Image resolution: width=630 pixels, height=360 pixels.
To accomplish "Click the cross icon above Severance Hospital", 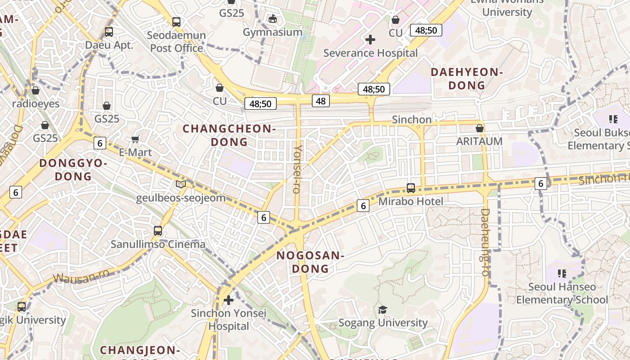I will (x=370, y=40).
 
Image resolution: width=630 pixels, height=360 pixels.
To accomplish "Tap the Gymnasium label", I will (x=273, y=32).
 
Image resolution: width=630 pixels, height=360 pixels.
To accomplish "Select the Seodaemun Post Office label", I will (x=178, y=41).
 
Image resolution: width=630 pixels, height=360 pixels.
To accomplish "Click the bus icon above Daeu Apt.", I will (x=108, y=32).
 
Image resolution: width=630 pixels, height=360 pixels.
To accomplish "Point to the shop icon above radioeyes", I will (x=36, y=90).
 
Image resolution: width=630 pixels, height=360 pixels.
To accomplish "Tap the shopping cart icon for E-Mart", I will (x=135, y=139).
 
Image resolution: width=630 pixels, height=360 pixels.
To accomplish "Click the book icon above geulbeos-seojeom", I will (x=181, y=184).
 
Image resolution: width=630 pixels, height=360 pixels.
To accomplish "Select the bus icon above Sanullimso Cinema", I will (x=158, y=231).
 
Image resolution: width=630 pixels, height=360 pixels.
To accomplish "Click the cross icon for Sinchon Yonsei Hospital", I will (x=229, y=300).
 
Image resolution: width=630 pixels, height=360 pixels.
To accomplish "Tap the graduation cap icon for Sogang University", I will (x=382, y=310).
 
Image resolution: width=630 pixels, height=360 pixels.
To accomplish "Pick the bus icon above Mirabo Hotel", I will (x=411, y=188).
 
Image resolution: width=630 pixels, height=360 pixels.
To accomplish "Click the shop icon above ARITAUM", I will (x=480, y=128).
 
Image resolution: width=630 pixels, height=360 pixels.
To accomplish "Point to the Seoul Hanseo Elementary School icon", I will (x=562, y=273).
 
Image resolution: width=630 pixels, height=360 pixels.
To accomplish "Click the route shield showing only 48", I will (x=320, y=101).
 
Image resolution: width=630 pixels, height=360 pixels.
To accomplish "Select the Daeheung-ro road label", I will (x=485, y=242).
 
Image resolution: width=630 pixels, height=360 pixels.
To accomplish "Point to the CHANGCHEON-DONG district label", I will (x=229, y=135).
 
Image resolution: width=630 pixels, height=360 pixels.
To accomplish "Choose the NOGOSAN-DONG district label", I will (x=310, y=262).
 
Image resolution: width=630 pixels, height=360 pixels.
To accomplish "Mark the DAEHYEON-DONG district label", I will (x=467, y=78).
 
